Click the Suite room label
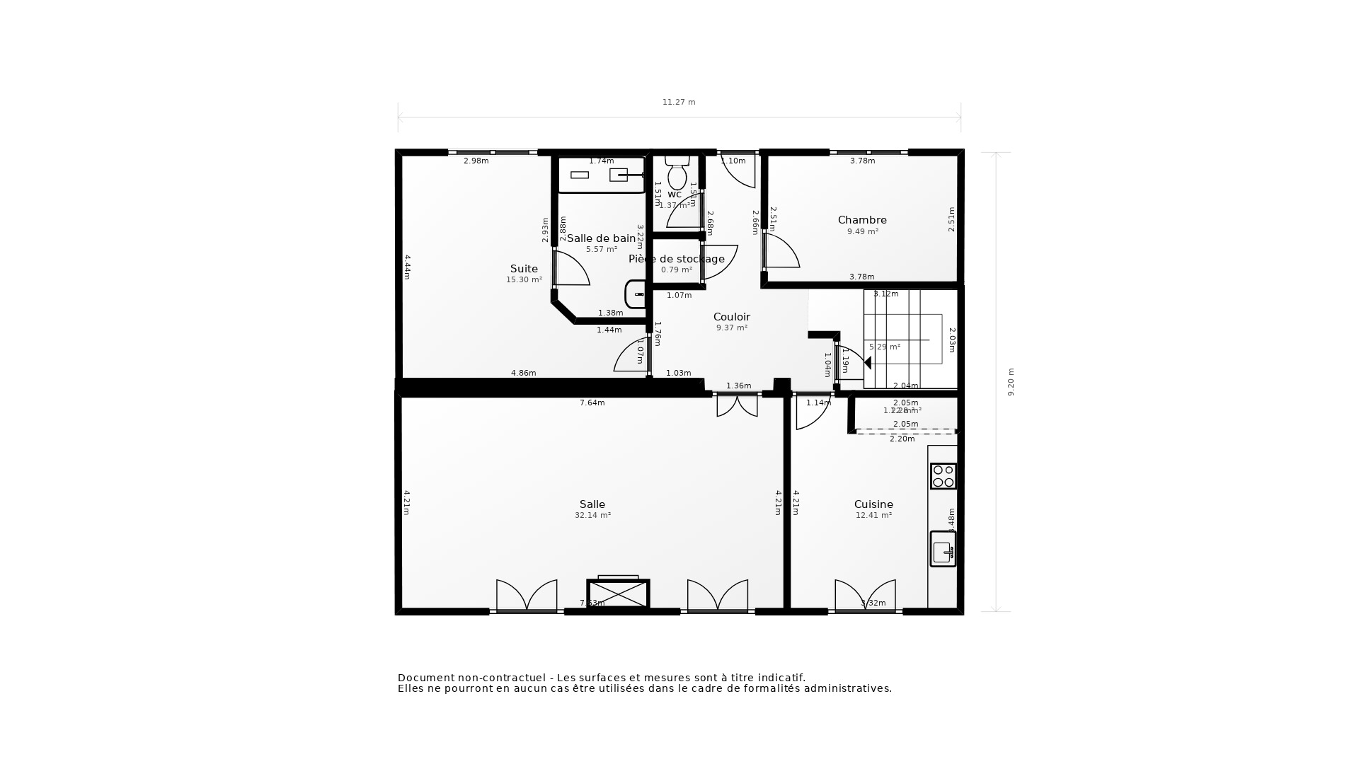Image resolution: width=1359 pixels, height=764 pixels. pos(524,269)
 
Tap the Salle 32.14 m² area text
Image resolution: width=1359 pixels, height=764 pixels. pos(592,516)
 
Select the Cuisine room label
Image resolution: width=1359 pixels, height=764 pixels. pos(873,504)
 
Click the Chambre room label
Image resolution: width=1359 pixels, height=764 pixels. pos(862,220)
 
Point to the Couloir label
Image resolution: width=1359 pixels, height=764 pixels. pos(731,317)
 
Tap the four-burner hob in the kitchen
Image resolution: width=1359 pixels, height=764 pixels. pos(943,476)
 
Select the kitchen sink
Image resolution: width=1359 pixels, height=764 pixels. pos(943,550)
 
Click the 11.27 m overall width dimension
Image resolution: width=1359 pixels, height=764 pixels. pos(679,103)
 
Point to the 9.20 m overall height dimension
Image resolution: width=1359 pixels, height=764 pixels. pos(1011,382)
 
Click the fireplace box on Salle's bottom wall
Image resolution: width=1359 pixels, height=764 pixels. pos(618,594)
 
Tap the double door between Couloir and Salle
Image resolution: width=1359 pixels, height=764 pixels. pos(737,405)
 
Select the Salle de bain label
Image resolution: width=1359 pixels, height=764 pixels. pos(601,238)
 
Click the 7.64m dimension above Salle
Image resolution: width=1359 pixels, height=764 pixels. pos(592,403)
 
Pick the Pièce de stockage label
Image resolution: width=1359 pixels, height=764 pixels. pos(677,259)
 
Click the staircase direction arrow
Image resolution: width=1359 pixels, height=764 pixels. pos(867,363)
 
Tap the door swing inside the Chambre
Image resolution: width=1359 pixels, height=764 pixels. pos(783,252)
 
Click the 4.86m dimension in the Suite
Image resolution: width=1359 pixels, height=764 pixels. pos(524,373)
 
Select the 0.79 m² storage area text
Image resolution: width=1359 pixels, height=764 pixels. pos(677,270)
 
